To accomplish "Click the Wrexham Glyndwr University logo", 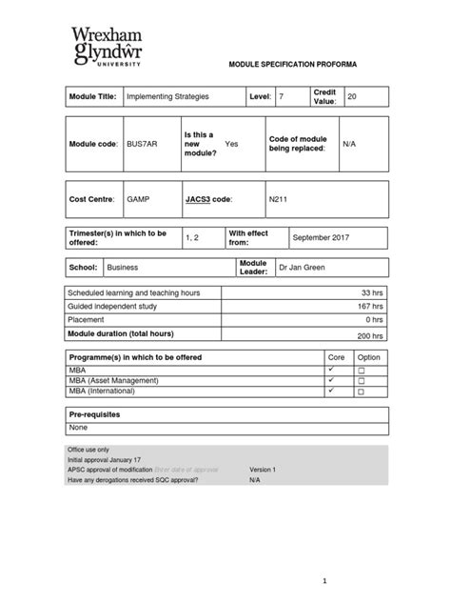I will (108, 45).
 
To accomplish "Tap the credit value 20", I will (353, 97).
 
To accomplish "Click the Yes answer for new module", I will (231, 143).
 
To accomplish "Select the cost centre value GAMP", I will (139, 201).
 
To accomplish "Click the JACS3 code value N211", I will (278, 201).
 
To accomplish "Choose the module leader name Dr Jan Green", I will (302, 268).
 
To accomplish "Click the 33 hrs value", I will (372, 292).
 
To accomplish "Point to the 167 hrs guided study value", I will (370, 307).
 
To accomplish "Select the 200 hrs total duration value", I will (370, 336).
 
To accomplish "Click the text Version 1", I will (263, 470).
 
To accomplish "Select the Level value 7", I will (281, 98).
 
